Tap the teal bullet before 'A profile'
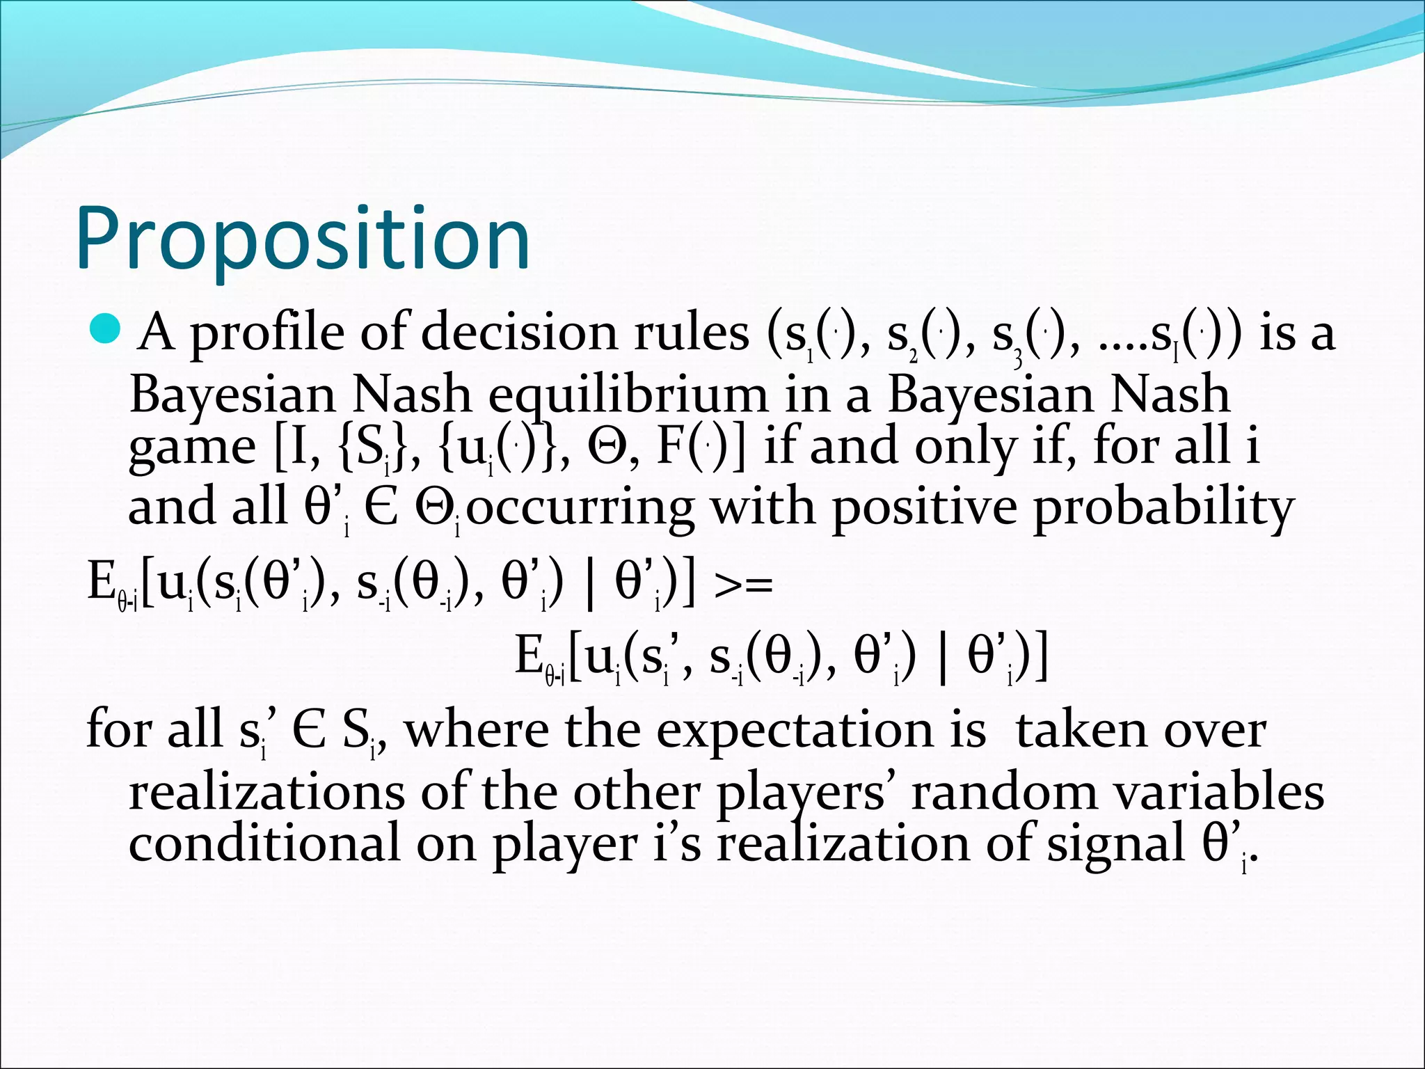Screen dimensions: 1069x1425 pyautogui.click(x=106, y=328)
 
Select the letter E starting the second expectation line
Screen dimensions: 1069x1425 pyautogui.click(x=529, y=656)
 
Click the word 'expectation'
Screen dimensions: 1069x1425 pyautogui.click(x=821, y=731)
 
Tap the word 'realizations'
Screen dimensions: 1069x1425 pyautogui.click(x=266, y=793)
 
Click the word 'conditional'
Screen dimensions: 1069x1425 pyautogui.click(x=264, y=844)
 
